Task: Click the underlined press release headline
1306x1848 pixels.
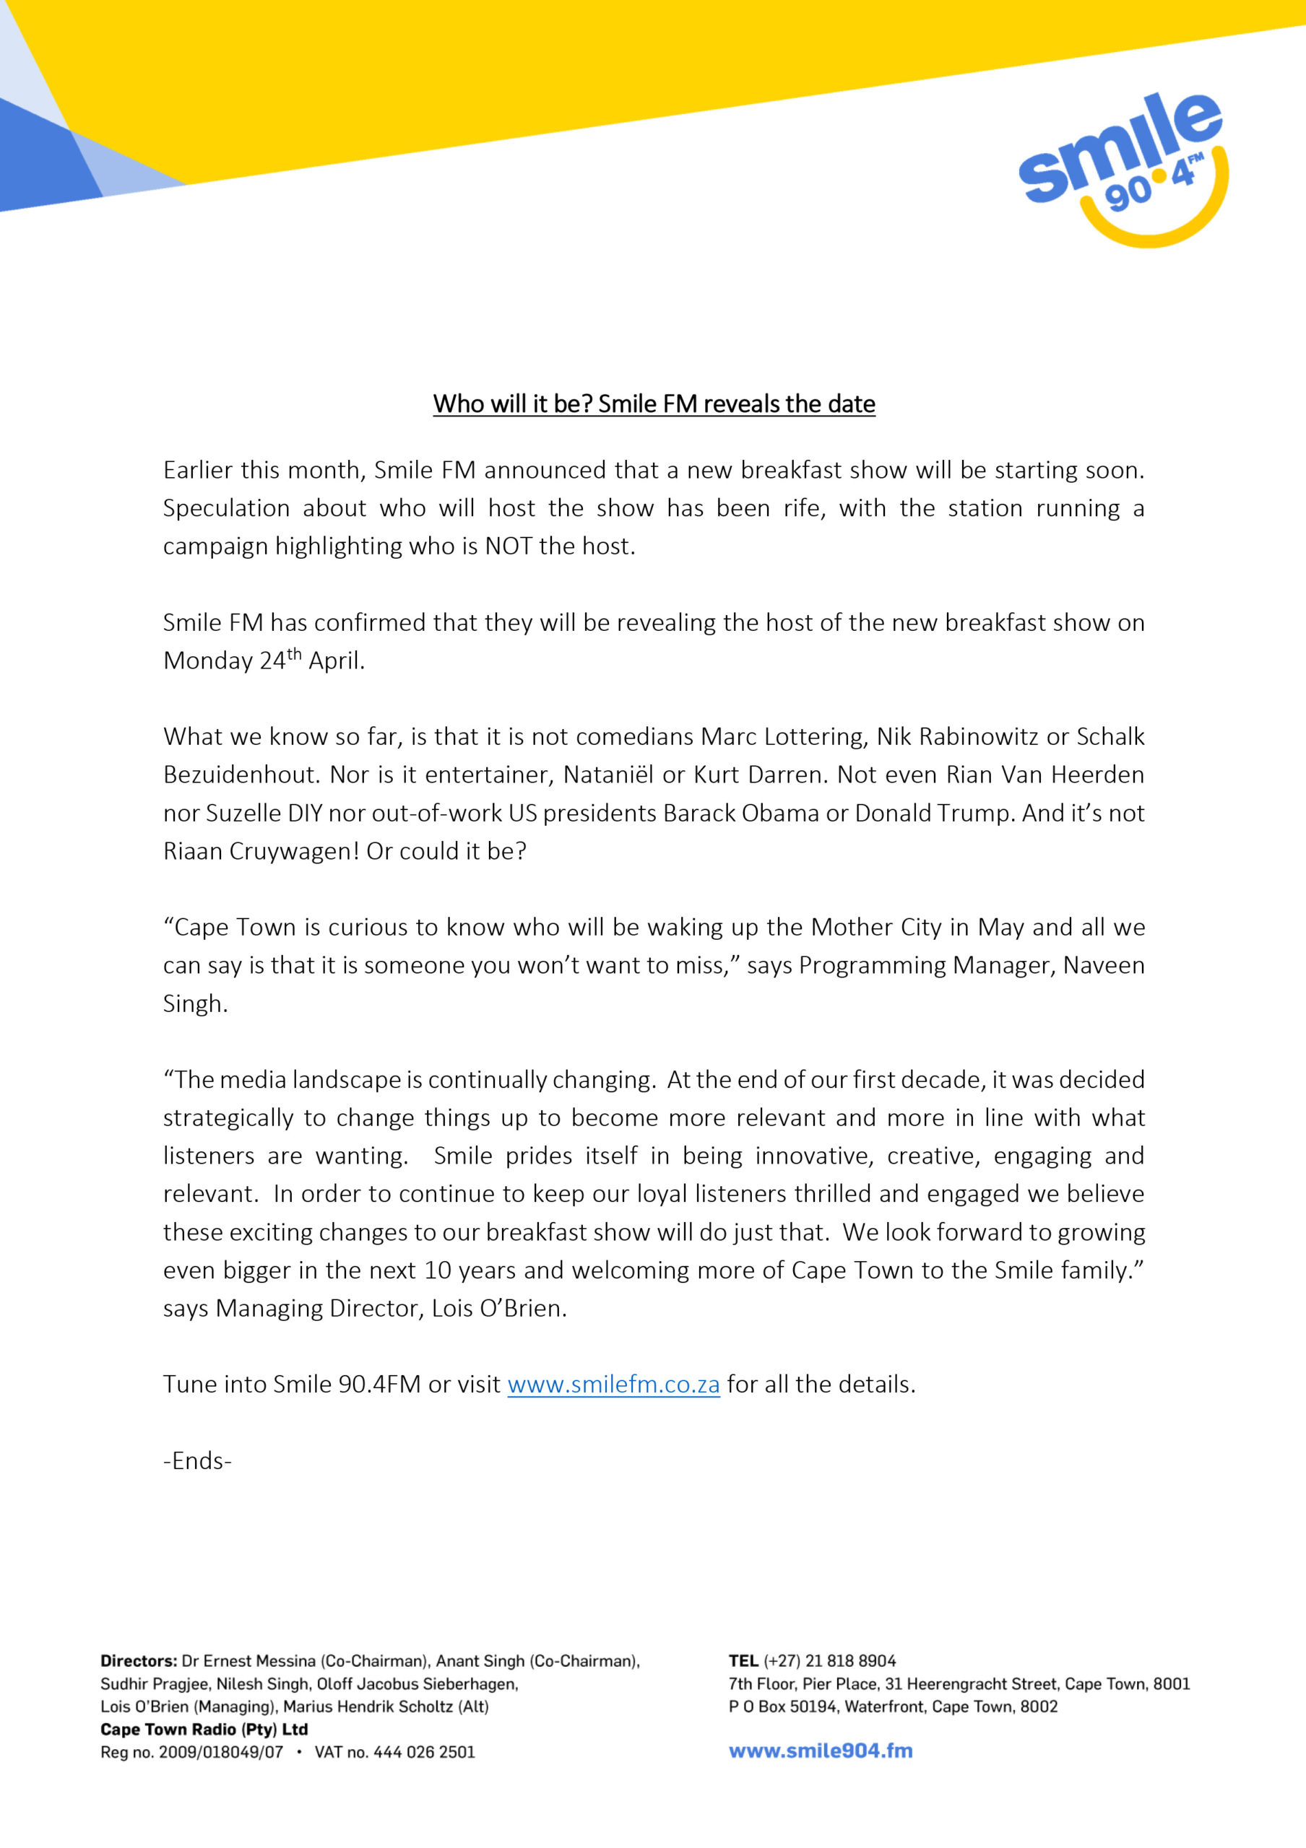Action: (x=654, y=404)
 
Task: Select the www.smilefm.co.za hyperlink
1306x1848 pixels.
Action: (x=613, y=1385)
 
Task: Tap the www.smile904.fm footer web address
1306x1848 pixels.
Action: (x=821, y=1751)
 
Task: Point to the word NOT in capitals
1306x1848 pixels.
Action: (x=508, y=546)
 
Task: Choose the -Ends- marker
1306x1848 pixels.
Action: (x=197, y=1461)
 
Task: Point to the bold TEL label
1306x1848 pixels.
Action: (x=743, y=1660)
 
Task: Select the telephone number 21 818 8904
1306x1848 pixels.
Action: (x=850, y=1660)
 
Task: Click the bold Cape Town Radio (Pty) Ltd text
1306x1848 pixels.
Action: (x=204, y=1729)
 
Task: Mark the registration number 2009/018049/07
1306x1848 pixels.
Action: (x=222, y=1752)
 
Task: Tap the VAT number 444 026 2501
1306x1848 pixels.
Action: (x=424, y=1752)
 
